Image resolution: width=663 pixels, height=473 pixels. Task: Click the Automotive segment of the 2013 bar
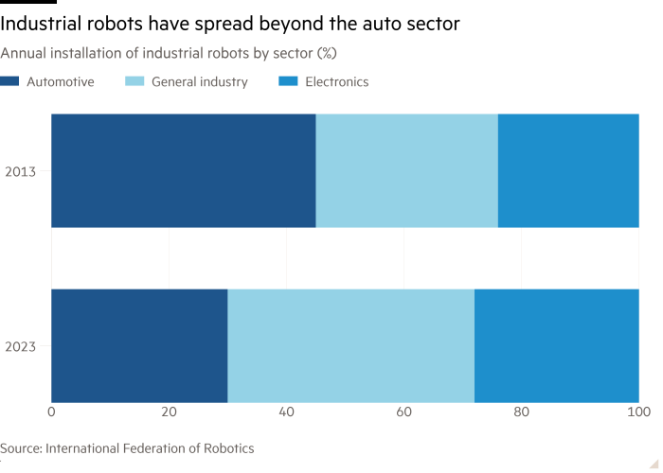pos(183,171)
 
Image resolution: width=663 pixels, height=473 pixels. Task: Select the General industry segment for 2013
pos(406,171)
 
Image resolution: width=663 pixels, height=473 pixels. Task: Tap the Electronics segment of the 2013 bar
pos(568,171)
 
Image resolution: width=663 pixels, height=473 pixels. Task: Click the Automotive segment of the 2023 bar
pos(139,346)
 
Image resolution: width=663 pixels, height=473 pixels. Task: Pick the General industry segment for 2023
pos(350,346)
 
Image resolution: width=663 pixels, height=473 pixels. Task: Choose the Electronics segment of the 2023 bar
pos(556,346)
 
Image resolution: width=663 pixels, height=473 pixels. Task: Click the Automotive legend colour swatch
pos(9,82)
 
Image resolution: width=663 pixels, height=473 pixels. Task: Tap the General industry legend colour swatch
pos(134,82)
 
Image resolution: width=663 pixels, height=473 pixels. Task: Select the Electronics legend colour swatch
pos(286,82)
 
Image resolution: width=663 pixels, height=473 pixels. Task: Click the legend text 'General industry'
pos(199,82)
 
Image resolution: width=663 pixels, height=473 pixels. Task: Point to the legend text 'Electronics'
pos(336,82)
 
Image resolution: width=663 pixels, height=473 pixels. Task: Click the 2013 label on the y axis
pos(21,171)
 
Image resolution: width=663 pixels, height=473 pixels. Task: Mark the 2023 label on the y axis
pos(21,346)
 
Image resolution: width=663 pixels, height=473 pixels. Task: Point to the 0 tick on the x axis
pos(51,412)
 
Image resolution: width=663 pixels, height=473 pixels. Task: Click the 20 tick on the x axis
pos(169,412)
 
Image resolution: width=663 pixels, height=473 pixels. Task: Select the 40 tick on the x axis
pos(286,412)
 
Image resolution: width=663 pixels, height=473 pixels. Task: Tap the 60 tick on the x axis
pos(403,412)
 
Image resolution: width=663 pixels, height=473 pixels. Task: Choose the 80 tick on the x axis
pos(521,412)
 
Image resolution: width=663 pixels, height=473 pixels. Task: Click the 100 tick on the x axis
pos(638,412)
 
